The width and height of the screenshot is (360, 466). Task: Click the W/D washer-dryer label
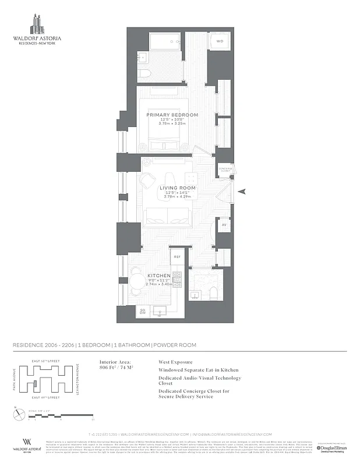220,42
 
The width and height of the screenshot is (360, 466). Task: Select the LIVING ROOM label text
178,188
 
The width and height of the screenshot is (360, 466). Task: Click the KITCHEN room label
158,276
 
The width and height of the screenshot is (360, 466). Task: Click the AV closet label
223,224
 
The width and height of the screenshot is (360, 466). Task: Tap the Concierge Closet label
225,169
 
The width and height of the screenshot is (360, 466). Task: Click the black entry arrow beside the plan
245,190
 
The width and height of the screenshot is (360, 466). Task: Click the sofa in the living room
165,217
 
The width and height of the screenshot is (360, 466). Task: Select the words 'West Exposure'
175,362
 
